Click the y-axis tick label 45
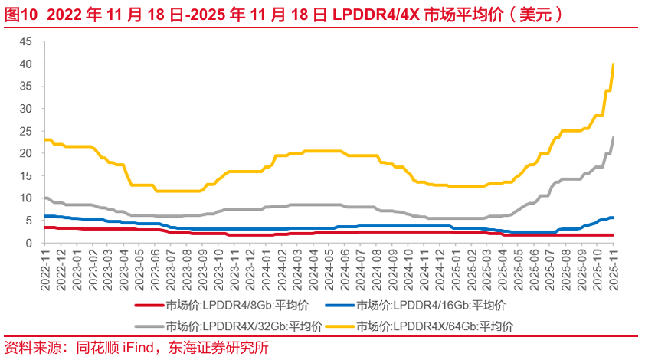[27, 41]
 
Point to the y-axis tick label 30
[27, 109]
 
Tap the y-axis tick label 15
[27, 175]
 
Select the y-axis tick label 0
[30, 243]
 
